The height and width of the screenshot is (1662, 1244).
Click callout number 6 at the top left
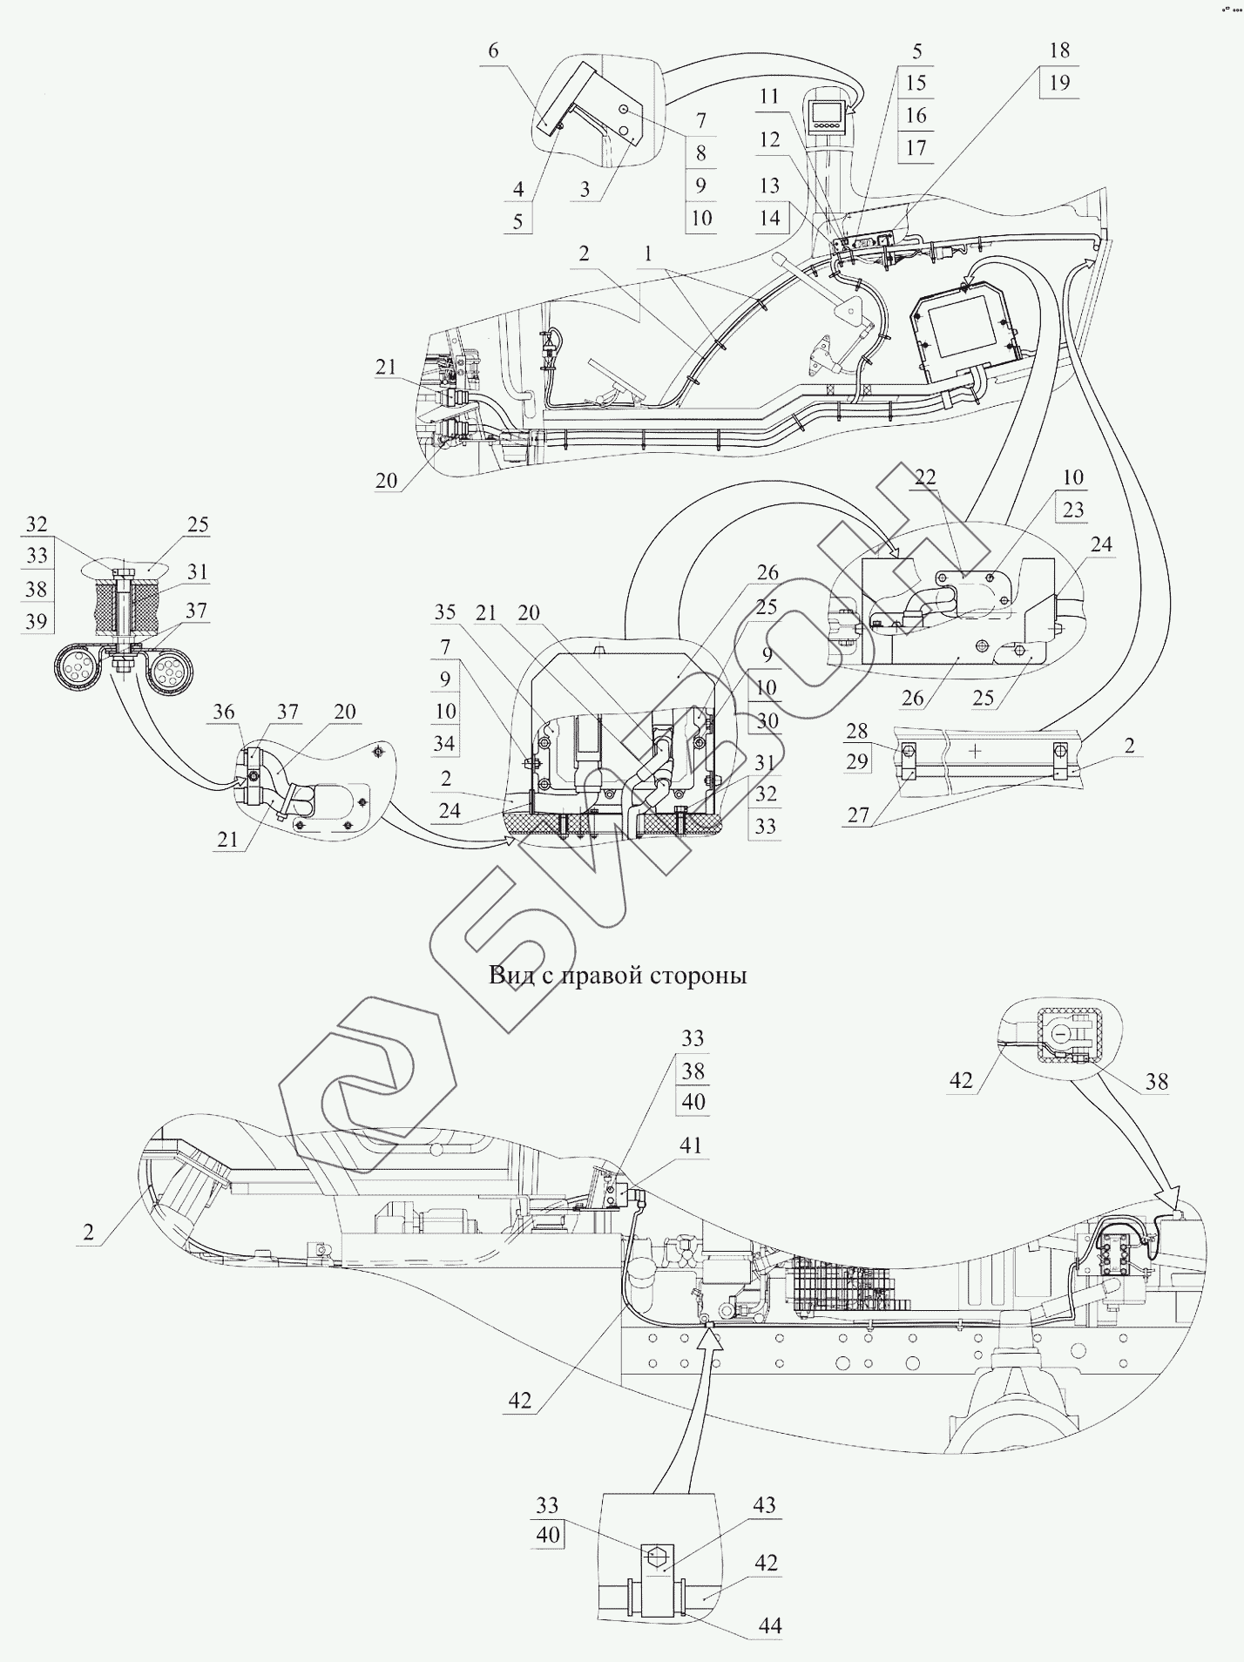click(493, 51)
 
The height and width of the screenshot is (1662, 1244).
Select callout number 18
click(1059, 51)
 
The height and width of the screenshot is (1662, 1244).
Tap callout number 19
click(1059, 84)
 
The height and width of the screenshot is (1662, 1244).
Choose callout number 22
click(925, 476)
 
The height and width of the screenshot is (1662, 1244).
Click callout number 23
click(1073, 509)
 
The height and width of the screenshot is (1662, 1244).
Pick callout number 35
click(445, 612)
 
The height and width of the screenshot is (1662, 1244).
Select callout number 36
click(224, 712)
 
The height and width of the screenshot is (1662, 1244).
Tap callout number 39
click(36, 621)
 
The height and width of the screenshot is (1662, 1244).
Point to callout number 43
click(764, 1505)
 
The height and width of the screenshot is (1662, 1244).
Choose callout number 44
click(770, 1625)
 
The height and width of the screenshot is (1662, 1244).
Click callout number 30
click(766, 721)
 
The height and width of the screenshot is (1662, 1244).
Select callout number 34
click(445, 743)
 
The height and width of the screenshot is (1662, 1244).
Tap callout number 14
click(769, 218)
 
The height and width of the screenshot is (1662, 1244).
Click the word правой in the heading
click(600, 975)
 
